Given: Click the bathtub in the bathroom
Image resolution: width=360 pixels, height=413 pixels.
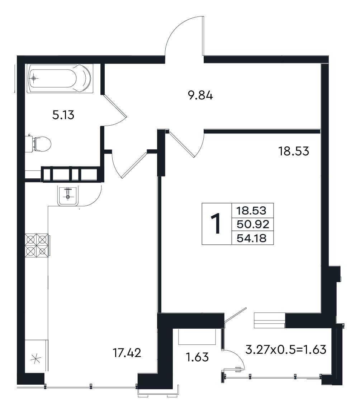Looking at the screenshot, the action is [x=60, y=78].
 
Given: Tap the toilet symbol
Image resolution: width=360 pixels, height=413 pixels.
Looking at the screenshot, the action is [x=39, y=144].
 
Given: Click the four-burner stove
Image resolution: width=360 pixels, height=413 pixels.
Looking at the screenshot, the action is [x=37, y=245].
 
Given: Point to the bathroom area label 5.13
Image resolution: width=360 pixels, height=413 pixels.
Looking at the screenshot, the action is [x=63, y=115].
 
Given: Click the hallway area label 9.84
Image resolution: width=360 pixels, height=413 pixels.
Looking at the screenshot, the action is [x=200, y=95].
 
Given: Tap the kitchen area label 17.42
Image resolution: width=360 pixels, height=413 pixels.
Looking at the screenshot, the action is [x=127, y=353].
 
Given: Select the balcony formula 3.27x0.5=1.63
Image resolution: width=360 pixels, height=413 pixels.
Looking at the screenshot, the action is [x=286, y=349].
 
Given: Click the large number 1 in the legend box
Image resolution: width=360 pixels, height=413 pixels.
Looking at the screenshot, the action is [x=216, y=224].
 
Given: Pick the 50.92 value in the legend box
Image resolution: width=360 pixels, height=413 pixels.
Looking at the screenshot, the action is [x=253, y=224].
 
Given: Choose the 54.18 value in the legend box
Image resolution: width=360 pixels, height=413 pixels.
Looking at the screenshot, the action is [x=252, y=238].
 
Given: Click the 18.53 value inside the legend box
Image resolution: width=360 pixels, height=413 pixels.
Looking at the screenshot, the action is [x=251, y=211].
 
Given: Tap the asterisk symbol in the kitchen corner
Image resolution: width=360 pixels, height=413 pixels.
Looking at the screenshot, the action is [x=35, y=358].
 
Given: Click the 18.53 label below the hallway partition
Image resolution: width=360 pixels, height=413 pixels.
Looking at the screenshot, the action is [x=294, y=151].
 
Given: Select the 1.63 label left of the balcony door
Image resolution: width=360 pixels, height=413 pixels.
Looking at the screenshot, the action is [x=197, y=357].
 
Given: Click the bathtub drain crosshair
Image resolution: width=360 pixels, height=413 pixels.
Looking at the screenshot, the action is [x=33, y=78].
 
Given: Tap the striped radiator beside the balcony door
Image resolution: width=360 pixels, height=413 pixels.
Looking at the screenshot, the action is [x=270, y=320].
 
